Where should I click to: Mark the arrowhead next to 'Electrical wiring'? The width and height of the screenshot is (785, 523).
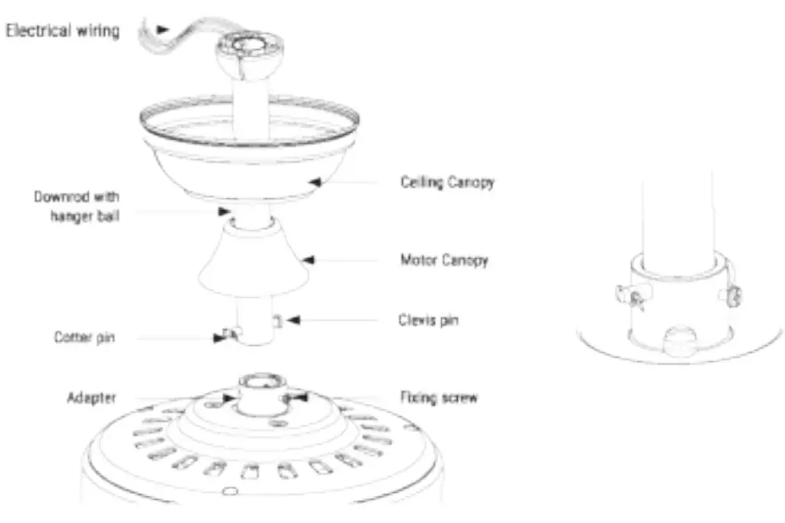162,29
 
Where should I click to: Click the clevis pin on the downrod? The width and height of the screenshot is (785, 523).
277,319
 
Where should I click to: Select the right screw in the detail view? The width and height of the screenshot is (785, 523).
734,295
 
